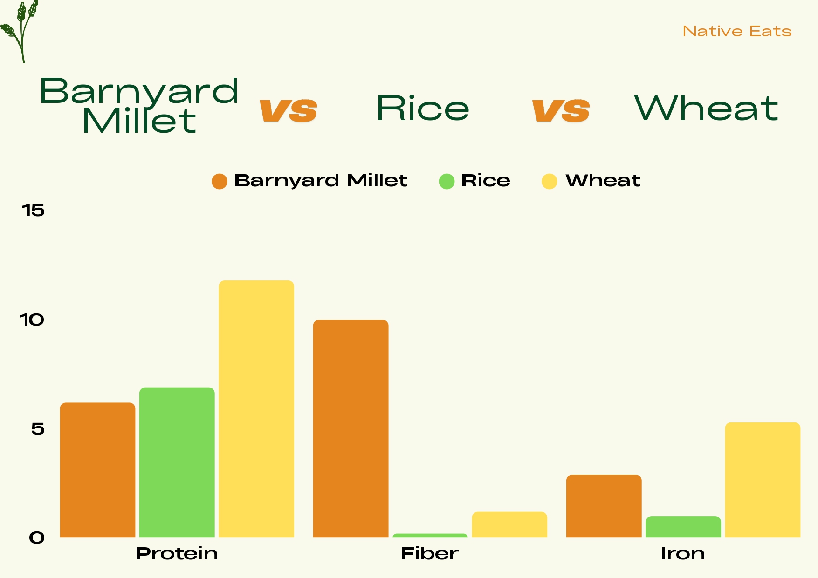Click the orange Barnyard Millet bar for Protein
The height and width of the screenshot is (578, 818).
pyautogui.click(x=97, y=470)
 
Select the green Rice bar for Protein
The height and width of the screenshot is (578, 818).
pyautogui.click(x=177, y=462)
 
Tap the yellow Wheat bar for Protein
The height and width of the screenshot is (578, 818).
pyautogui.click(x=256, y=409)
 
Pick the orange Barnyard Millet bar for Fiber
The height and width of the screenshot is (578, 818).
pyautogui.click(x=351, y=428)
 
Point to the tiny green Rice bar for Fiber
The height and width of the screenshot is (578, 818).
pyautogui.click(x=430, y=536)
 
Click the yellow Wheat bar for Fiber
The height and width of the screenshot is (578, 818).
pyautogui.click(x=509, y=525)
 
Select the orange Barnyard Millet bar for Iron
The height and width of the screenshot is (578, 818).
pyautogui.click(x=604, y=506)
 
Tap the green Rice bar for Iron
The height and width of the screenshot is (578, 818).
pyautogui.click(x=683, y=527)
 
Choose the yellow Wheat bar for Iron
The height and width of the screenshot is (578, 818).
pyautogui.click(x=763, y=480)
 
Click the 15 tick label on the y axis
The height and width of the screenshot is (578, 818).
pyautogui.click(x=33, y=211)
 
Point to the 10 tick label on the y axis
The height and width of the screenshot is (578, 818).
pyautogui.click(x=32, y=320)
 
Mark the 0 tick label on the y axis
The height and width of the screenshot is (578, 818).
pyautogui.click(x=37, y=538)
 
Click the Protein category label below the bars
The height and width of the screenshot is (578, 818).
pyautogui.click(x=177, y=553)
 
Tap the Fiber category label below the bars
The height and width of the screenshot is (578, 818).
pyautogui.click(x=430, y=553)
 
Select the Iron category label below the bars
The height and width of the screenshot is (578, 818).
pyautogui.click(x=683, y=553)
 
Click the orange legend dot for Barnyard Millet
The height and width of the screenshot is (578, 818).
pyautogui.click(x=220, y=181)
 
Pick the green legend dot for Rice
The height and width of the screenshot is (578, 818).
pyautogui.click(x=447, y=181)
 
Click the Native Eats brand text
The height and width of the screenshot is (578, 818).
pyautogui.click(x=737, y=31)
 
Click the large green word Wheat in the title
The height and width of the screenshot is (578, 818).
pyautogui.click(x=706, y=108)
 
